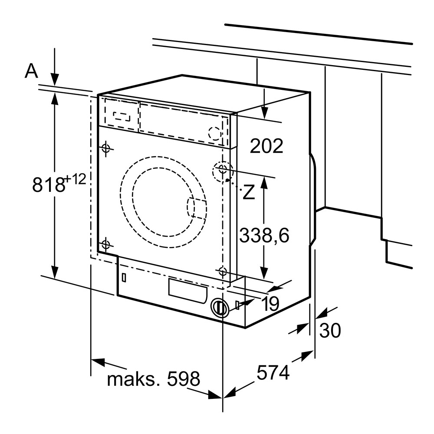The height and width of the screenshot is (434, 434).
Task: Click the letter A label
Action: coord(31,71)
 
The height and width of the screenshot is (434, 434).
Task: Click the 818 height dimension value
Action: coord(49,184)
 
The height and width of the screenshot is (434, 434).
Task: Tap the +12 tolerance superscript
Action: coord(76,178)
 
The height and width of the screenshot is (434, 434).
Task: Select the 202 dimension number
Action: coord(266,146)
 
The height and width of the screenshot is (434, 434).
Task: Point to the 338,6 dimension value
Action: coord(264,236)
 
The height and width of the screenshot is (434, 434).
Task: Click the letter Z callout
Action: coord(248,193)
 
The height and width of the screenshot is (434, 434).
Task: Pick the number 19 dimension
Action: coord(270,304)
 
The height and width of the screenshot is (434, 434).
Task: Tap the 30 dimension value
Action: coord(330,331)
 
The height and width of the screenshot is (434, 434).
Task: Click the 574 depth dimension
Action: coord(273,373)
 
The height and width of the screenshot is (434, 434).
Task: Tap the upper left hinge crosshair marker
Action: coord(105,148)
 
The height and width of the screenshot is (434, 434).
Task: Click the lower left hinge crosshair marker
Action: coord(105,245)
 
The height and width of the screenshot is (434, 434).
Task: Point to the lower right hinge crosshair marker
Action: coord(223,272)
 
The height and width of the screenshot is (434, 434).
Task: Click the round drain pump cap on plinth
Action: coord(220,308)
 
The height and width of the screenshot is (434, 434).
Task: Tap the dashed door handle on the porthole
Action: coord(196,208)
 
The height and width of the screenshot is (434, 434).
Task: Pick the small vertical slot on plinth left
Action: coord(124,277)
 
